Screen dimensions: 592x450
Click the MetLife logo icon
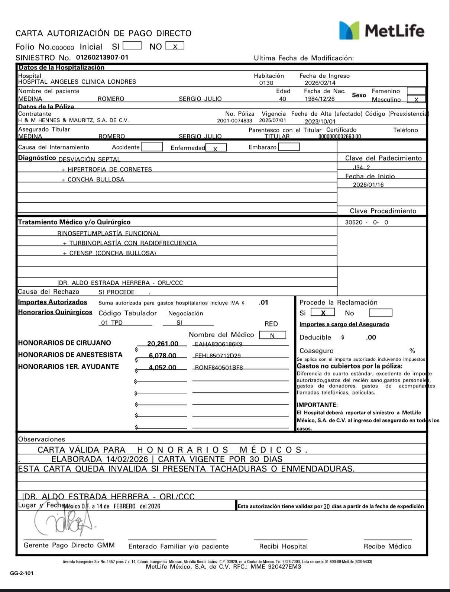(x=349, y=30)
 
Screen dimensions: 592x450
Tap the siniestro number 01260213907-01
(x=102, y=57)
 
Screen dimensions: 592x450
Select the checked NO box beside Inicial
(x=175, y=46)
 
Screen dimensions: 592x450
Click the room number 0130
(x=266, y=83)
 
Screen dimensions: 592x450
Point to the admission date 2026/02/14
(x=320, y=83)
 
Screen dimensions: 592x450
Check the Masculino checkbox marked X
(x=416, y=99)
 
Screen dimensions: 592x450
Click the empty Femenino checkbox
(x=416, y=91)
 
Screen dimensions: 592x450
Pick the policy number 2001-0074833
(x=234, y=121)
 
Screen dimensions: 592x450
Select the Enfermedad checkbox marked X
(x=216, y=148)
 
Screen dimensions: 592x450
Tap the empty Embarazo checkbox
(x=289, y=147)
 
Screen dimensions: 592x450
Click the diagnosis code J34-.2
(x=362, y=168)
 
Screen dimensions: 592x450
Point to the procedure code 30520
(x=354, y=222)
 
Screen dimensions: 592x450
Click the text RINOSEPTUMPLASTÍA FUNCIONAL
(x=109, y=233)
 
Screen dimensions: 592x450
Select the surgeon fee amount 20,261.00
(x=163, y=344)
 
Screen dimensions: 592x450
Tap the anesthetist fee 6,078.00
(x=163, y=356)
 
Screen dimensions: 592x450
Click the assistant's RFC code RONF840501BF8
(x=219, y=368)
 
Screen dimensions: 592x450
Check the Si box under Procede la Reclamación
(x=323, y=313)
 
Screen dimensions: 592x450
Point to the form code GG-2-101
(x=22, y=573)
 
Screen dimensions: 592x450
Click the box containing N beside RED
(x=272, y=335)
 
